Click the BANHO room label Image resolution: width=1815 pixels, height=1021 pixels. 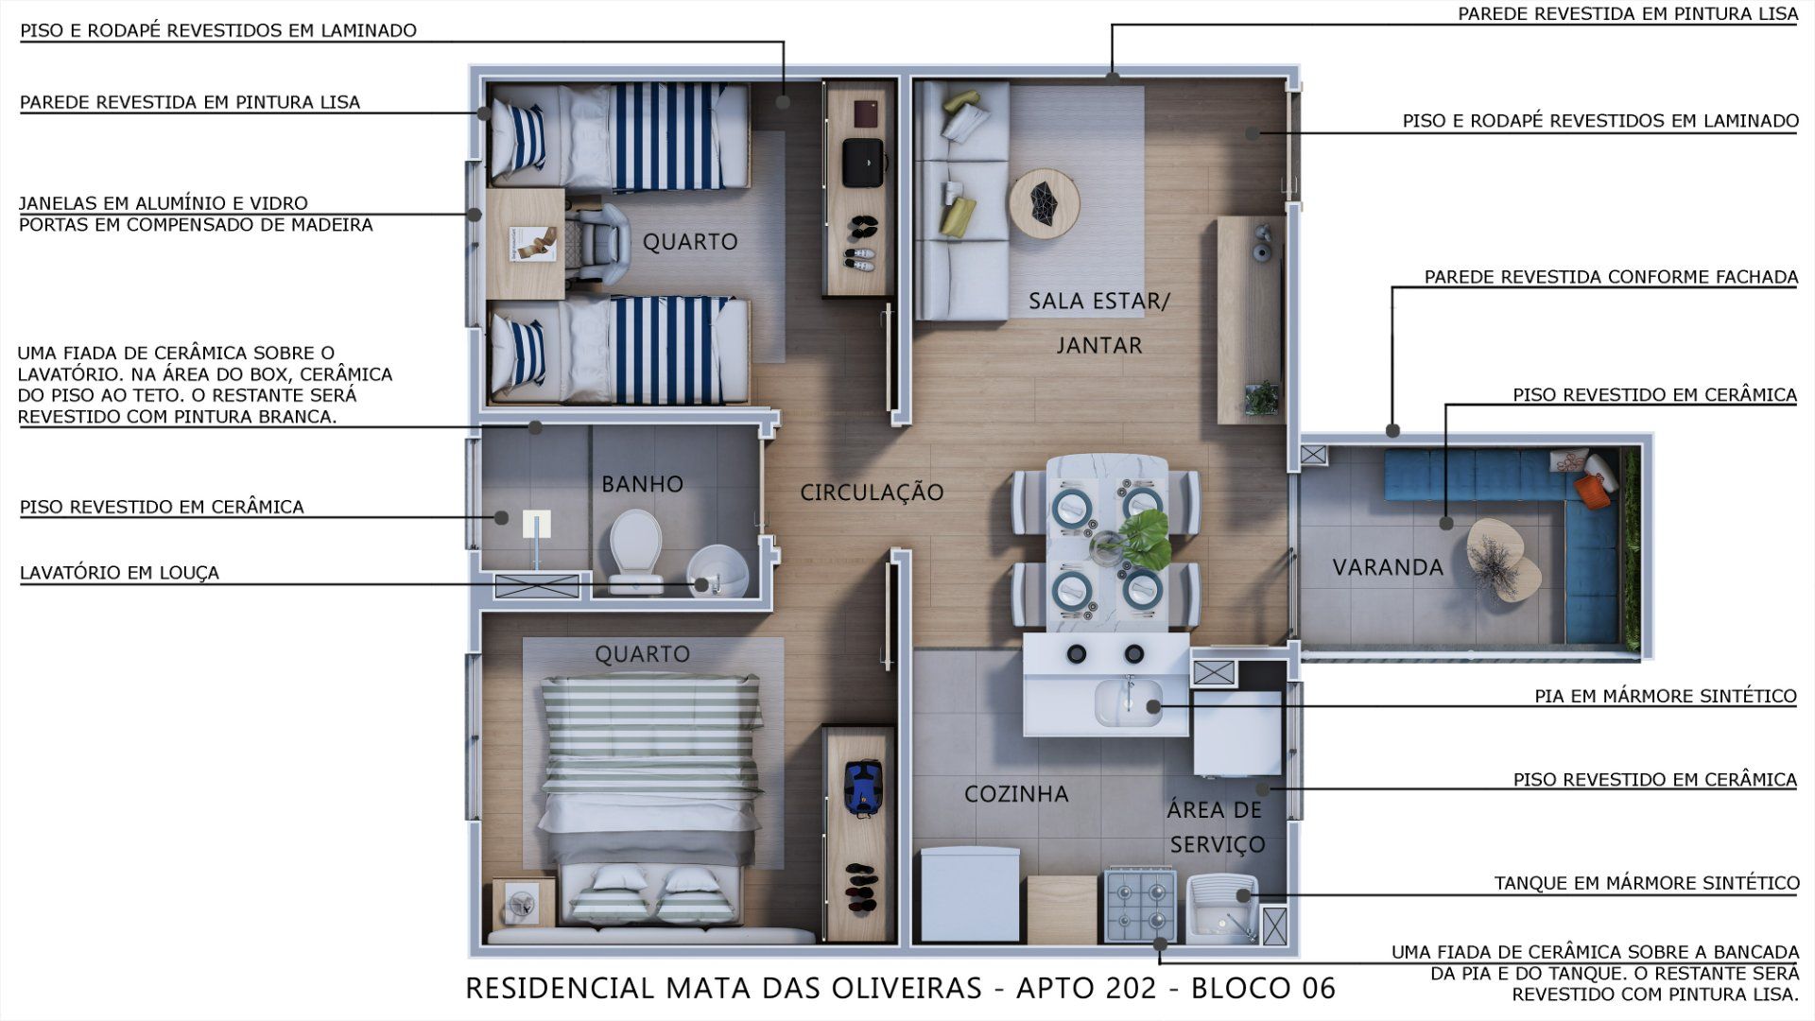(x=642, y=484)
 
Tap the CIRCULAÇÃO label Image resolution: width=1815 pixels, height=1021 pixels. (x=872, y=492)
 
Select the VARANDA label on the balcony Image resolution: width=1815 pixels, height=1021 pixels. (x=1388, y=567)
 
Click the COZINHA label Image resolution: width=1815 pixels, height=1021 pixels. (x=1016, y=794)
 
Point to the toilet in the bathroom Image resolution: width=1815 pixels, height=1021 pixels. (x=634, y=552)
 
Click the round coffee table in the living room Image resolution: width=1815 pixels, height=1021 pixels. (x=1044, y=202)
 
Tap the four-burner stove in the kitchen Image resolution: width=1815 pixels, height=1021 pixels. (x=1140, y=906)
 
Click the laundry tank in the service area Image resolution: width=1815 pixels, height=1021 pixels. (x=1220, y=908)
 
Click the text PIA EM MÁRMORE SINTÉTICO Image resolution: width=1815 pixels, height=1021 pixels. (x=1666, y=696)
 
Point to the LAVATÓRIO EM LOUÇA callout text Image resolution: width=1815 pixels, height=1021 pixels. (x=119, y=572)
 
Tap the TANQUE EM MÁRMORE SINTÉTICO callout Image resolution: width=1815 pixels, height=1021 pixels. (x=1647, y=883)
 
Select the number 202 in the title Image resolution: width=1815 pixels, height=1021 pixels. (x=1133, y=988)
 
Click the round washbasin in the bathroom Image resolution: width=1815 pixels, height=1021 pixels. (x=717, y=572)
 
